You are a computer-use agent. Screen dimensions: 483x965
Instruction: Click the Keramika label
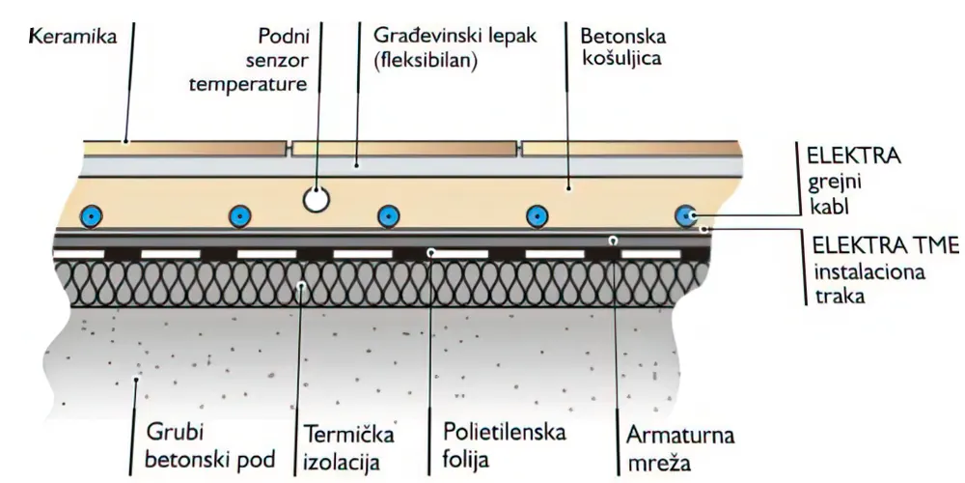point(72,40)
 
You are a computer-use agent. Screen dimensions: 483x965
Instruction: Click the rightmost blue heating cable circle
point(686,215)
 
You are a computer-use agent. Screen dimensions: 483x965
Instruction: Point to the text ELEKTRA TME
point(870,247)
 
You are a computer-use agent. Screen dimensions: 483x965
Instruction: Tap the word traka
point(837,297)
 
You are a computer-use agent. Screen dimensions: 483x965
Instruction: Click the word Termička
point(348,432)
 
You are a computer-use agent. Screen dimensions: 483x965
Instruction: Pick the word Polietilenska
point(504,431)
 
